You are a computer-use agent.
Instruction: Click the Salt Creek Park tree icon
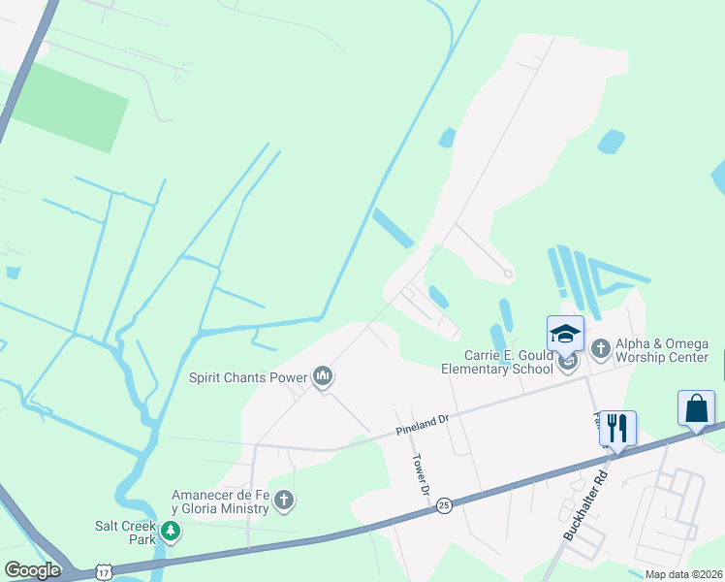click(x=171, y=531)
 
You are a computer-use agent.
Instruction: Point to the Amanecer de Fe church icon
click(x=284, y=501)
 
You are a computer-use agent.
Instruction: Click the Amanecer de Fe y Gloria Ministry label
click(x=219, y=501)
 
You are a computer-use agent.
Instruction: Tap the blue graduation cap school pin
click(x=566, y=335)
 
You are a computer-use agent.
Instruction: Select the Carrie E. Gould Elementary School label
click(x=497, y=362)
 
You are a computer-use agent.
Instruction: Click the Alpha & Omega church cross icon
click(x=600, y=346)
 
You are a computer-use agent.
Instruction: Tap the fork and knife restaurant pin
click(x=617, y=427)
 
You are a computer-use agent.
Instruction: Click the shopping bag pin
click(x=696, y=408)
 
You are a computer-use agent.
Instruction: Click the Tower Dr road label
click(x=421, y=475)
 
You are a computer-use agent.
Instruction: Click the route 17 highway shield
click(x=103, y=572)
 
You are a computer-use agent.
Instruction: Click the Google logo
click(x=33, y=569)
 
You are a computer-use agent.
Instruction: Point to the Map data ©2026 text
click(x=683, y=574)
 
